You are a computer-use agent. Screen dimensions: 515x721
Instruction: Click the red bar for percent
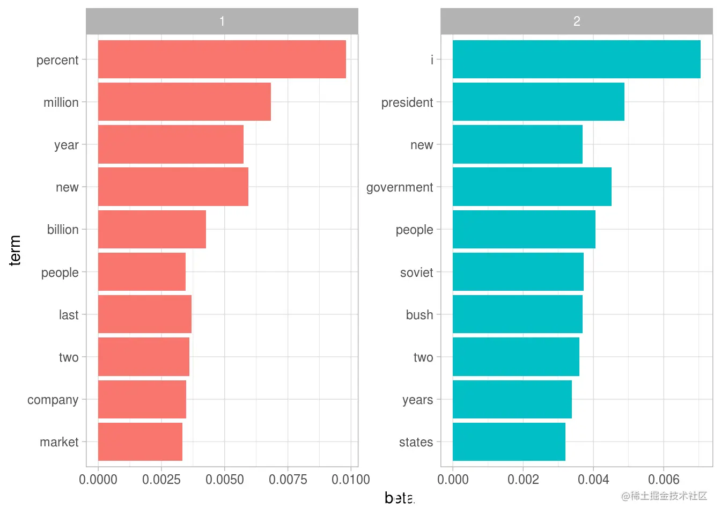coord(222,59)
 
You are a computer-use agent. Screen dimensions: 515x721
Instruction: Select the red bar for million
coord(184,101)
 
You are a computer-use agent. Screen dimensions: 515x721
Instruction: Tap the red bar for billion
coord(152,229)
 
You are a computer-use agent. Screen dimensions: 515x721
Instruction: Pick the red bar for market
coord(140,442)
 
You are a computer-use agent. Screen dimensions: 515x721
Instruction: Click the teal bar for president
coord(538,101)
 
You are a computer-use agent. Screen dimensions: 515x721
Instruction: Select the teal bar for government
coord(532,187)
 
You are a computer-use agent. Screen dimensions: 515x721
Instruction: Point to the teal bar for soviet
coord(518,271)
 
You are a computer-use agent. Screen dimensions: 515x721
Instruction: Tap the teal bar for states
coord(509,442)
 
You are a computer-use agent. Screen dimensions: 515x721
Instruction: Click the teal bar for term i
coord(576,59)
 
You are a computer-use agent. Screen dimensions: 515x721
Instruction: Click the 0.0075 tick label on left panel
coord(288,479)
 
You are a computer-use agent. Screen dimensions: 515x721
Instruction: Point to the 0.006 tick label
coord(664,479)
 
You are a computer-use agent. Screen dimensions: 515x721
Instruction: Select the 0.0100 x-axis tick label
coord(351,479)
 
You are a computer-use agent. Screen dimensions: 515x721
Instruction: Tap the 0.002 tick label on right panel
coord(523,479)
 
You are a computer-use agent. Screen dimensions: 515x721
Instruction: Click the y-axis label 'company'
coord(53,400)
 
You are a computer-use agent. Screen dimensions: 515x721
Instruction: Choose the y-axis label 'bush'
coord(419,315)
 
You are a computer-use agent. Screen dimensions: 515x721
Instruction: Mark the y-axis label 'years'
coord(417,400)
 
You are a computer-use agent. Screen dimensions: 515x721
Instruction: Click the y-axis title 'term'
coord(15,250)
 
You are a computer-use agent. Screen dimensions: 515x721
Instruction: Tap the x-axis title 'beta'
coord(399,498)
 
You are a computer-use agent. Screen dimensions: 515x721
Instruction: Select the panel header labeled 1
coord(222,21)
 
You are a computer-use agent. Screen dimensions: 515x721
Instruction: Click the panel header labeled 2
coord(576,21)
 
